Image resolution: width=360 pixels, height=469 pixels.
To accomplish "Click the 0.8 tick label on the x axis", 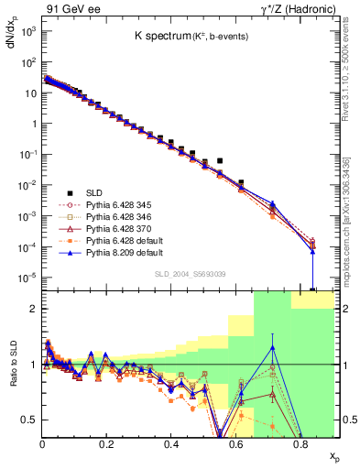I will [x=300, y=446].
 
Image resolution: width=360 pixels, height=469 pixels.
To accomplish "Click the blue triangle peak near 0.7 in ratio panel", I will [x=272, y=347].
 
